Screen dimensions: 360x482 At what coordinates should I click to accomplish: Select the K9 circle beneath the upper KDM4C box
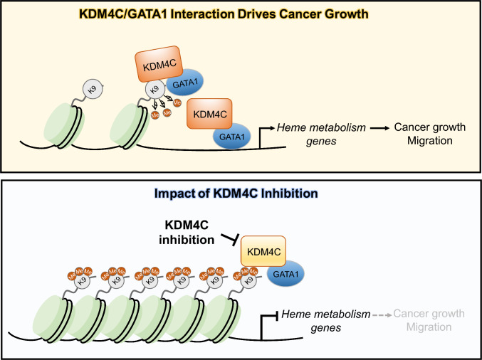(x=152, y=91)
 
